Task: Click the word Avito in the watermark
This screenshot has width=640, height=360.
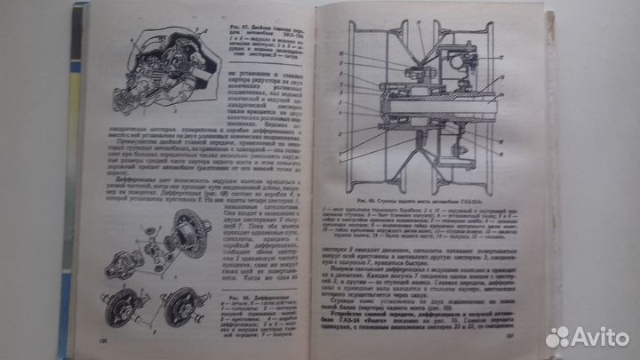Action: [599, 337]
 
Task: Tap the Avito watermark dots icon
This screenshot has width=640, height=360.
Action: [557, 337]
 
